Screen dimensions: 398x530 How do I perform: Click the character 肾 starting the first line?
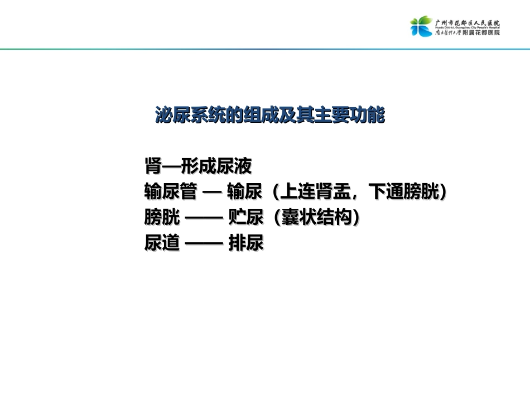click(x=153, y=165)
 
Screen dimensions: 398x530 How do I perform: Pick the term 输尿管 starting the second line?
click(x=170, y=192)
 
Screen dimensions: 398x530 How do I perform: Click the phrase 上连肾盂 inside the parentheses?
click(x=316, y=192)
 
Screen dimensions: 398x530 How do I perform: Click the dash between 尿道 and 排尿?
click(x=204, y=244)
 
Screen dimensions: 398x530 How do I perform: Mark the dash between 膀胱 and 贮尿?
click(x=204, y=218)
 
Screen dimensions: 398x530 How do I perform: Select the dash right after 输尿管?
click(x=213, y=192)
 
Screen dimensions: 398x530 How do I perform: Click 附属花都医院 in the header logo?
click(x=481, y=33)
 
